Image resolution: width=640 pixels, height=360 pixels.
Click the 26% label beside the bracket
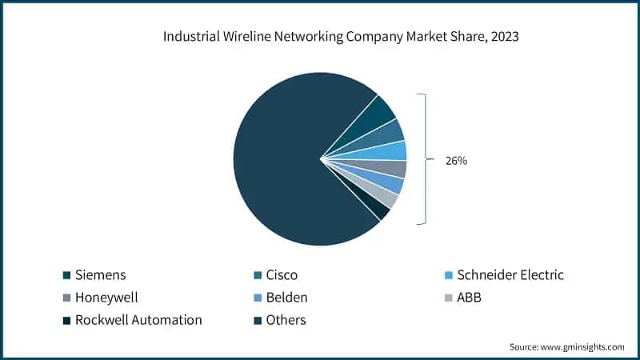[456, 161]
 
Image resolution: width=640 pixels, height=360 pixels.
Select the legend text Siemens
[101, 275]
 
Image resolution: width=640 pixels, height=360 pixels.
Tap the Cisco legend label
[282, 275]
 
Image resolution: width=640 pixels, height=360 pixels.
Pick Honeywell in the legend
[106, 298]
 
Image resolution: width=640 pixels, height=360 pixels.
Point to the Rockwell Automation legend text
[138, 320]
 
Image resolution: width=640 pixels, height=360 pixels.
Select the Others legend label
[286, 320]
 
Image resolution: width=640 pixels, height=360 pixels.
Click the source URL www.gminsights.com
[583, 346]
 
